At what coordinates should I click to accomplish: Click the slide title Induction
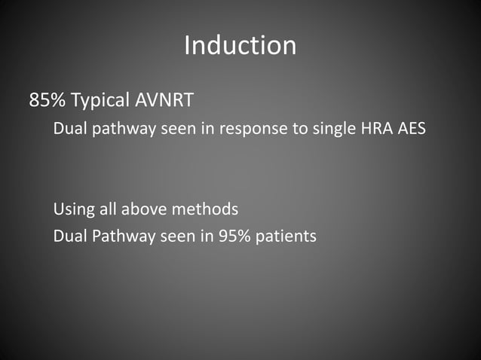click(240, 46)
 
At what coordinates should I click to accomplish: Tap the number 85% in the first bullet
click(46, 100)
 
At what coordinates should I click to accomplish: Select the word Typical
click(97, 100)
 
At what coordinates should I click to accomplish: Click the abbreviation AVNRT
click(157, 100)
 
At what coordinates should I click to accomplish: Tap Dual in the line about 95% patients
click(69, 236)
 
